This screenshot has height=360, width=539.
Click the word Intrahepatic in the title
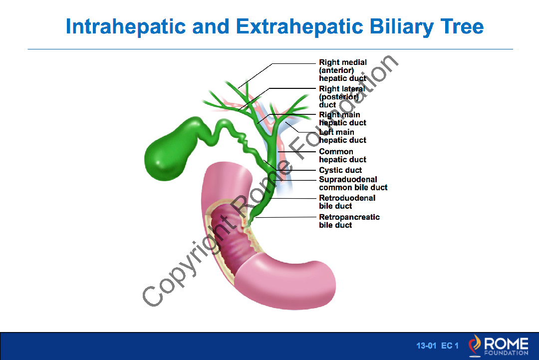[126, 27]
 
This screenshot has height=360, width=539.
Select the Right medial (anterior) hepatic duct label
[343, 70]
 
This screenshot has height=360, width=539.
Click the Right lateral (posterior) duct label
[342, 97]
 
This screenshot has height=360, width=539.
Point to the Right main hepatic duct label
[342, 119]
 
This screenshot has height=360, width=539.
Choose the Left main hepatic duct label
[342, 136]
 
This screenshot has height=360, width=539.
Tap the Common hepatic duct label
[342, 155]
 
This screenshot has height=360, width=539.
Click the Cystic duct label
[340, 170]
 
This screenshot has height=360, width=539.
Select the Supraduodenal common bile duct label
[353, 183]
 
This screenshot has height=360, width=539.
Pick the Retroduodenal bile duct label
[347, 202]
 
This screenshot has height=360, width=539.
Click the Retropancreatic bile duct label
[349, 221]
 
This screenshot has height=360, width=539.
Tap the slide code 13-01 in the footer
[426, 346]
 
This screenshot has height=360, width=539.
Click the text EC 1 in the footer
[450, 346]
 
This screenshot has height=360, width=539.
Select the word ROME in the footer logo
[507, 344]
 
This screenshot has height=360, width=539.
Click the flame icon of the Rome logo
[475, 345]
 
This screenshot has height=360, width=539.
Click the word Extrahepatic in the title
[299, 27]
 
